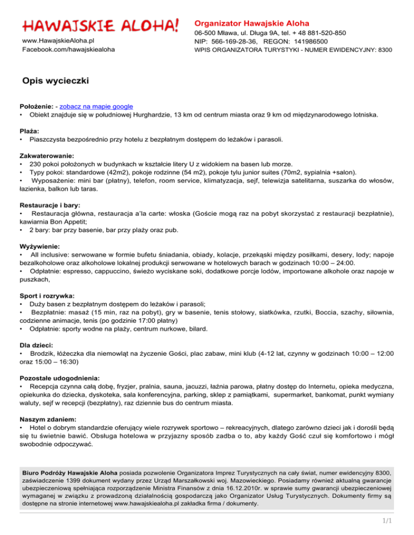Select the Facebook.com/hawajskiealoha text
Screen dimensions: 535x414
pyautogui.click(x=68, y=50)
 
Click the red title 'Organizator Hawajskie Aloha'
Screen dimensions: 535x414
pyautogui.click(x=252, y=24)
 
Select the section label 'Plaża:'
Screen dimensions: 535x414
pyautogui.click(x=31, y=131)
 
